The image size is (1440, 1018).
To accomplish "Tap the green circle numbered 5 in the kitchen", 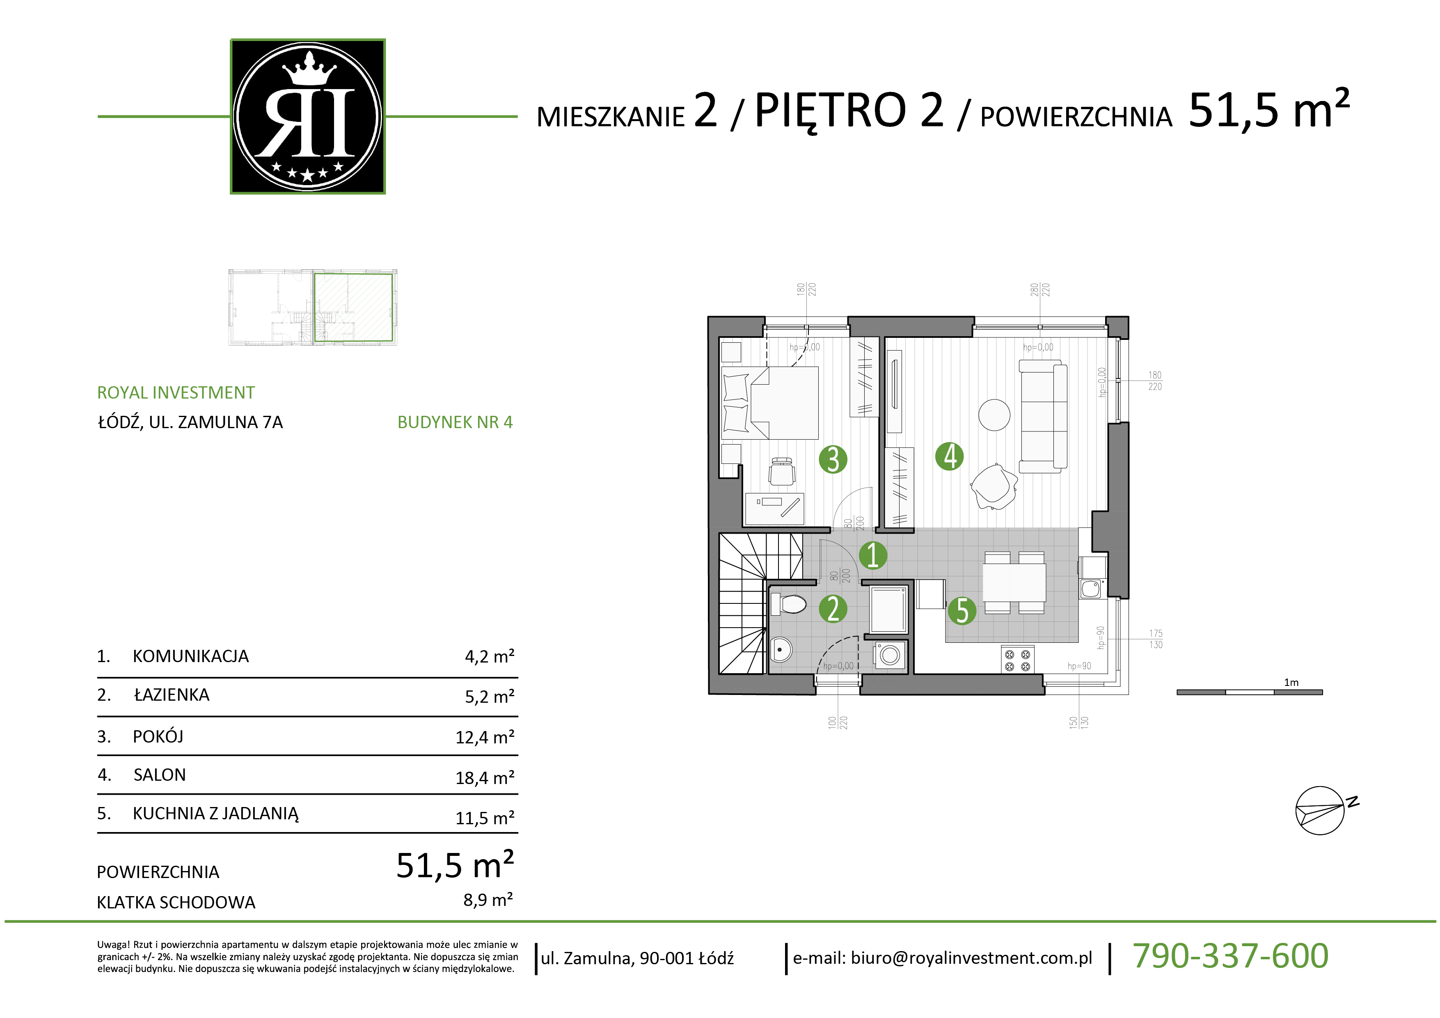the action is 962,611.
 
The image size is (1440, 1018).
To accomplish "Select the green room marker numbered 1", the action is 872,555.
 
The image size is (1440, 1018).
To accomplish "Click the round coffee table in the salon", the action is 994,415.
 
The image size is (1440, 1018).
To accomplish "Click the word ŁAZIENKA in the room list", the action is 172,695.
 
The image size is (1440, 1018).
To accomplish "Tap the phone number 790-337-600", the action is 1231,956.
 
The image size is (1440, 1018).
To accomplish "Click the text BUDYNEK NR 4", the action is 455,422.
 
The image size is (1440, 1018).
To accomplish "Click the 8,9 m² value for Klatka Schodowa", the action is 488,900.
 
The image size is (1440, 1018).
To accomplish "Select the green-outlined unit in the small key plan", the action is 353,307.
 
